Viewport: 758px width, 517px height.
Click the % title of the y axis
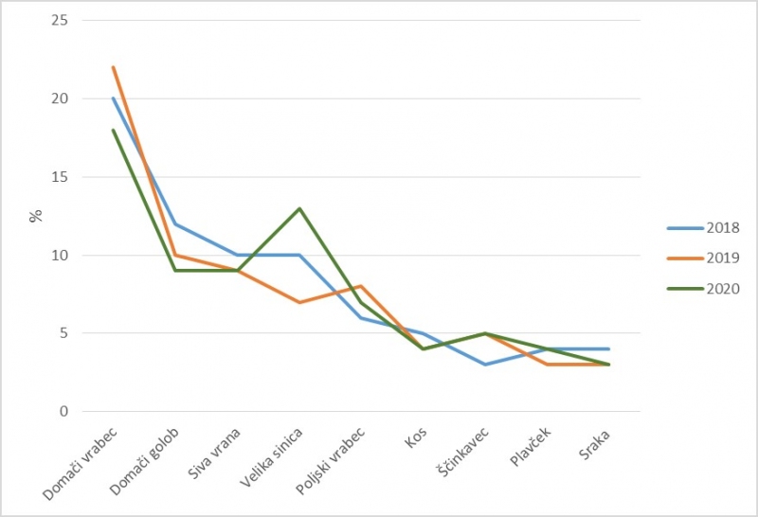tap(36, 216)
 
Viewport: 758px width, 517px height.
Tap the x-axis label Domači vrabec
tap(83, 464)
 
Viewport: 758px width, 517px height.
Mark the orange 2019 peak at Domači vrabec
tap(113, 67)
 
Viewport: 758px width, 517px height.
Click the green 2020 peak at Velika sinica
tap(299, 208)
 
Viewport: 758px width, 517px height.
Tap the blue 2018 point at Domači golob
tap(175, 224)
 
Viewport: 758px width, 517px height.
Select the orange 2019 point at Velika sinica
tap(299, 302)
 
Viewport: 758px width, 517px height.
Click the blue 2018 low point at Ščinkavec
tap(485, 365)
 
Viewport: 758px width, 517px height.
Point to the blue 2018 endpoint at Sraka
tap(609, 349)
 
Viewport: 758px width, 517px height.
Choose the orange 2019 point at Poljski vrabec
tap(361, 286)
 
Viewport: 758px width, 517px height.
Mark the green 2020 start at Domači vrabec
tap(113, 130)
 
